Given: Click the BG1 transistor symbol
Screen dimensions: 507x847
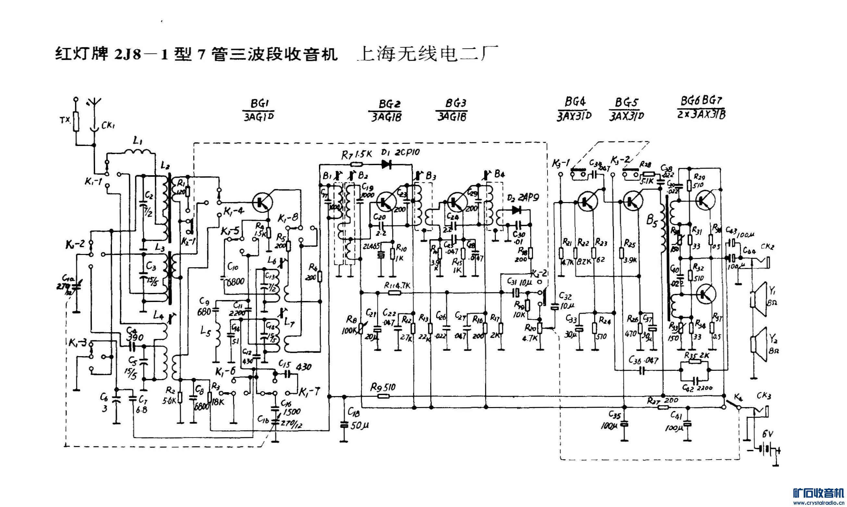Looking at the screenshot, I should [x=263, y=203].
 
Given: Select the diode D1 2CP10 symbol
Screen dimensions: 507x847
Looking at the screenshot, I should [x=387, y=164].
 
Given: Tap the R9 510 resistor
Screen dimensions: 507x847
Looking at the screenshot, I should [x=383, y=396].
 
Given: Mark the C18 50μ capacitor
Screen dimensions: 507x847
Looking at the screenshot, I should [x=344, y=425].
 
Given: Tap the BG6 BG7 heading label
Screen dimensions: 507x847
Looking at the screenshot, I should [x=701, y=101].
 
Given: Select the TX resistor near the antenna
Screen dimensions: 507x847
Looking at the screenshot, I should [x=76, y=122].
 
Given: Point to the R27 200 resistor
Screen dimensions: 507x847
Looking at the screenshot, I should [x=663, y=407].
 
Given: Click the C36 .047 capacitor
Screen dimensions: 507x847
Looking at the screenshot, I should [x=642, y=370].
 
